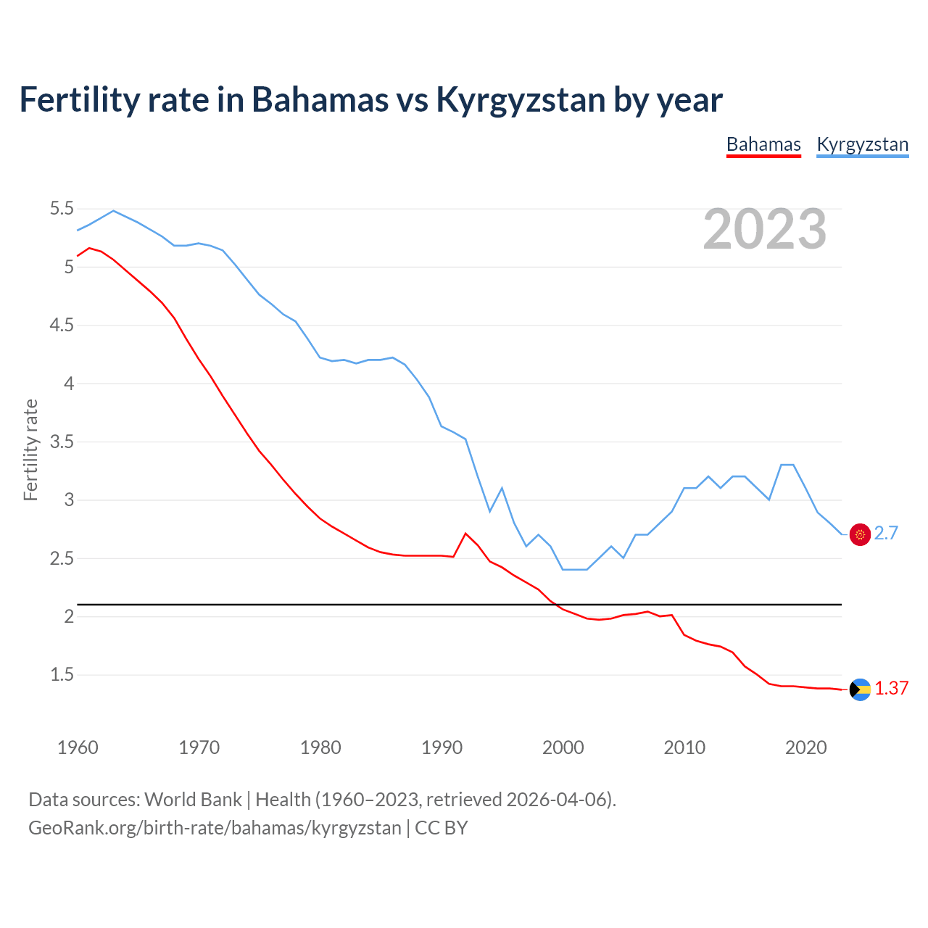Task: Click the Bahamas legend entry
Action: tap(763, 144)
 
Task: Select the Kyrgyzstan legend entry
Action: tap(862, 144)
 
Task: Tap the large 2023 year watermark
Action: tap(764, 229)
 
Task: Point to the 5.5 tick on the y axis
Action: tap(62, 209)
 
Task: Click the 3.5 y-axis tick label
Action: tap(62, 442)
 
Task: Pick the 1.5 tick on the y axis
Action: tap(62, 675)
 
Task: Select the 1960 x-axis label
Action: tap(78, 747)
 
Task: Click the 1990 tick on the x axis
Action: tap(442, 747)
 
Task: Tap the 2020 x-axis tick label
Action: tap(805, 747)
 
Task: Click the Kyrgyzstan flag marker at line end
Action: tap(860, 534)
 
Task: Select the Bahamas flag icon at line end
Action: tap(860, 689)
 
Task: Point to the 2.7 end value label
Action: tap(886, 534)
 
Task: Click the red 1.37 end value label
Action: tap(891, 689)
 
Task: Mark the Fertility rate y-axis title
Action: tap(30, 449)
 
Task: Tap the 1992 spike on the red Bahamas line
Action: tap(465, 534)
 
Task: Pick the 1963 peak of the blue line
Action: tap(113, 211)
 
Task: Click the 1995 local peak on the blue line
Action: tap(502, 488)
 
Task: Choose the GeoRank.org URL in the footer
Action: tap(215, 828)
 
